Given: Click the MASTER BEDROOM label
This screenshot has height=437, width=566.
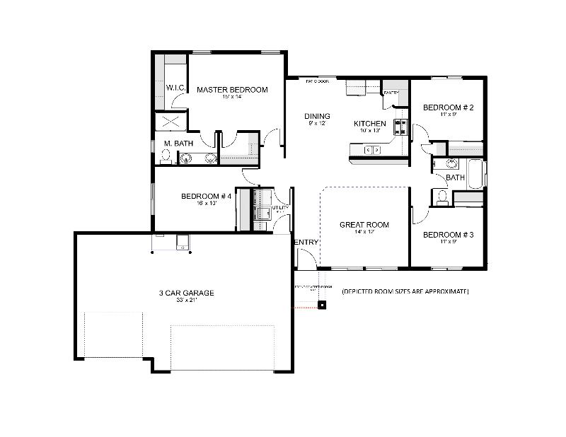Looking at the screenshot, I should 232,90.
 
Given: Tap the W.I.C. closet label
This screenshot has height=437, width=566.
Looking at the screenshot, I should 175,87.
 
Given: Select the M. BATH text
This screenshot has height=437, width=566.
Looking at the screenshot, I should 178,144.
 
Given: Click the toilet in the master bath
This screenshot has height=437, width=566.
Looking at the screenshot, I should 187,158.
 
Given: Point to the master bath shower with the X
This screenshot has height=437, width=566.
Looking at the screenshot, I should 172,121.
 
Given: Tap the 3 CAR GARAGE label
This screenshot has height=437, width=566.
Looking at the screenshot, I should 186,293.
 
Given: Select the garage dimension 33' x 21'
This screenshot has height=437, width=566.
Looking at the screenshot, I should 186,301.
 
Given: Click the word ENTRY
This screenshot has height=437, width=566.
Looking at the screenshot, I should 306,243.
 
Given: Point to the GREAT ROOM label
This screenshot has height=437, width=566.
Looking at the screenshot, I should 364,225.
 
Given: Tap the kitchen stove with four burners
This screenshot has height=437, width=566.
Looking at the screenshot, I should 401,127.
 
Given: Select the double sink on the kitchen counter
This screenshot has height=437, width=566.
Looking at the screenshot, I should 372,149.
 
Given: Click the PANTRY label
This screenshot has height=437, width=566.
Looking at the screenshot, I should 391,93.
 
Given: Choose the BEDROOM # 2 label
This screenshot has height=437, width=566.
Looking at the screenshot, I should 448,107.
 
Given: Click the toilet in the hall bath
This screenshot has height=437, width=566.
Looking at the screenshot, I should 442,196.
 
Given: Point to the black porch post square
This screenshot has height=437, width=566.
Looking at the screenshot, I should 323,305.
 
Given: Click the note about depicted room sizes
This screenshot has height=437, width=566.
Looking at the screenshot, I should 405,291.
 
